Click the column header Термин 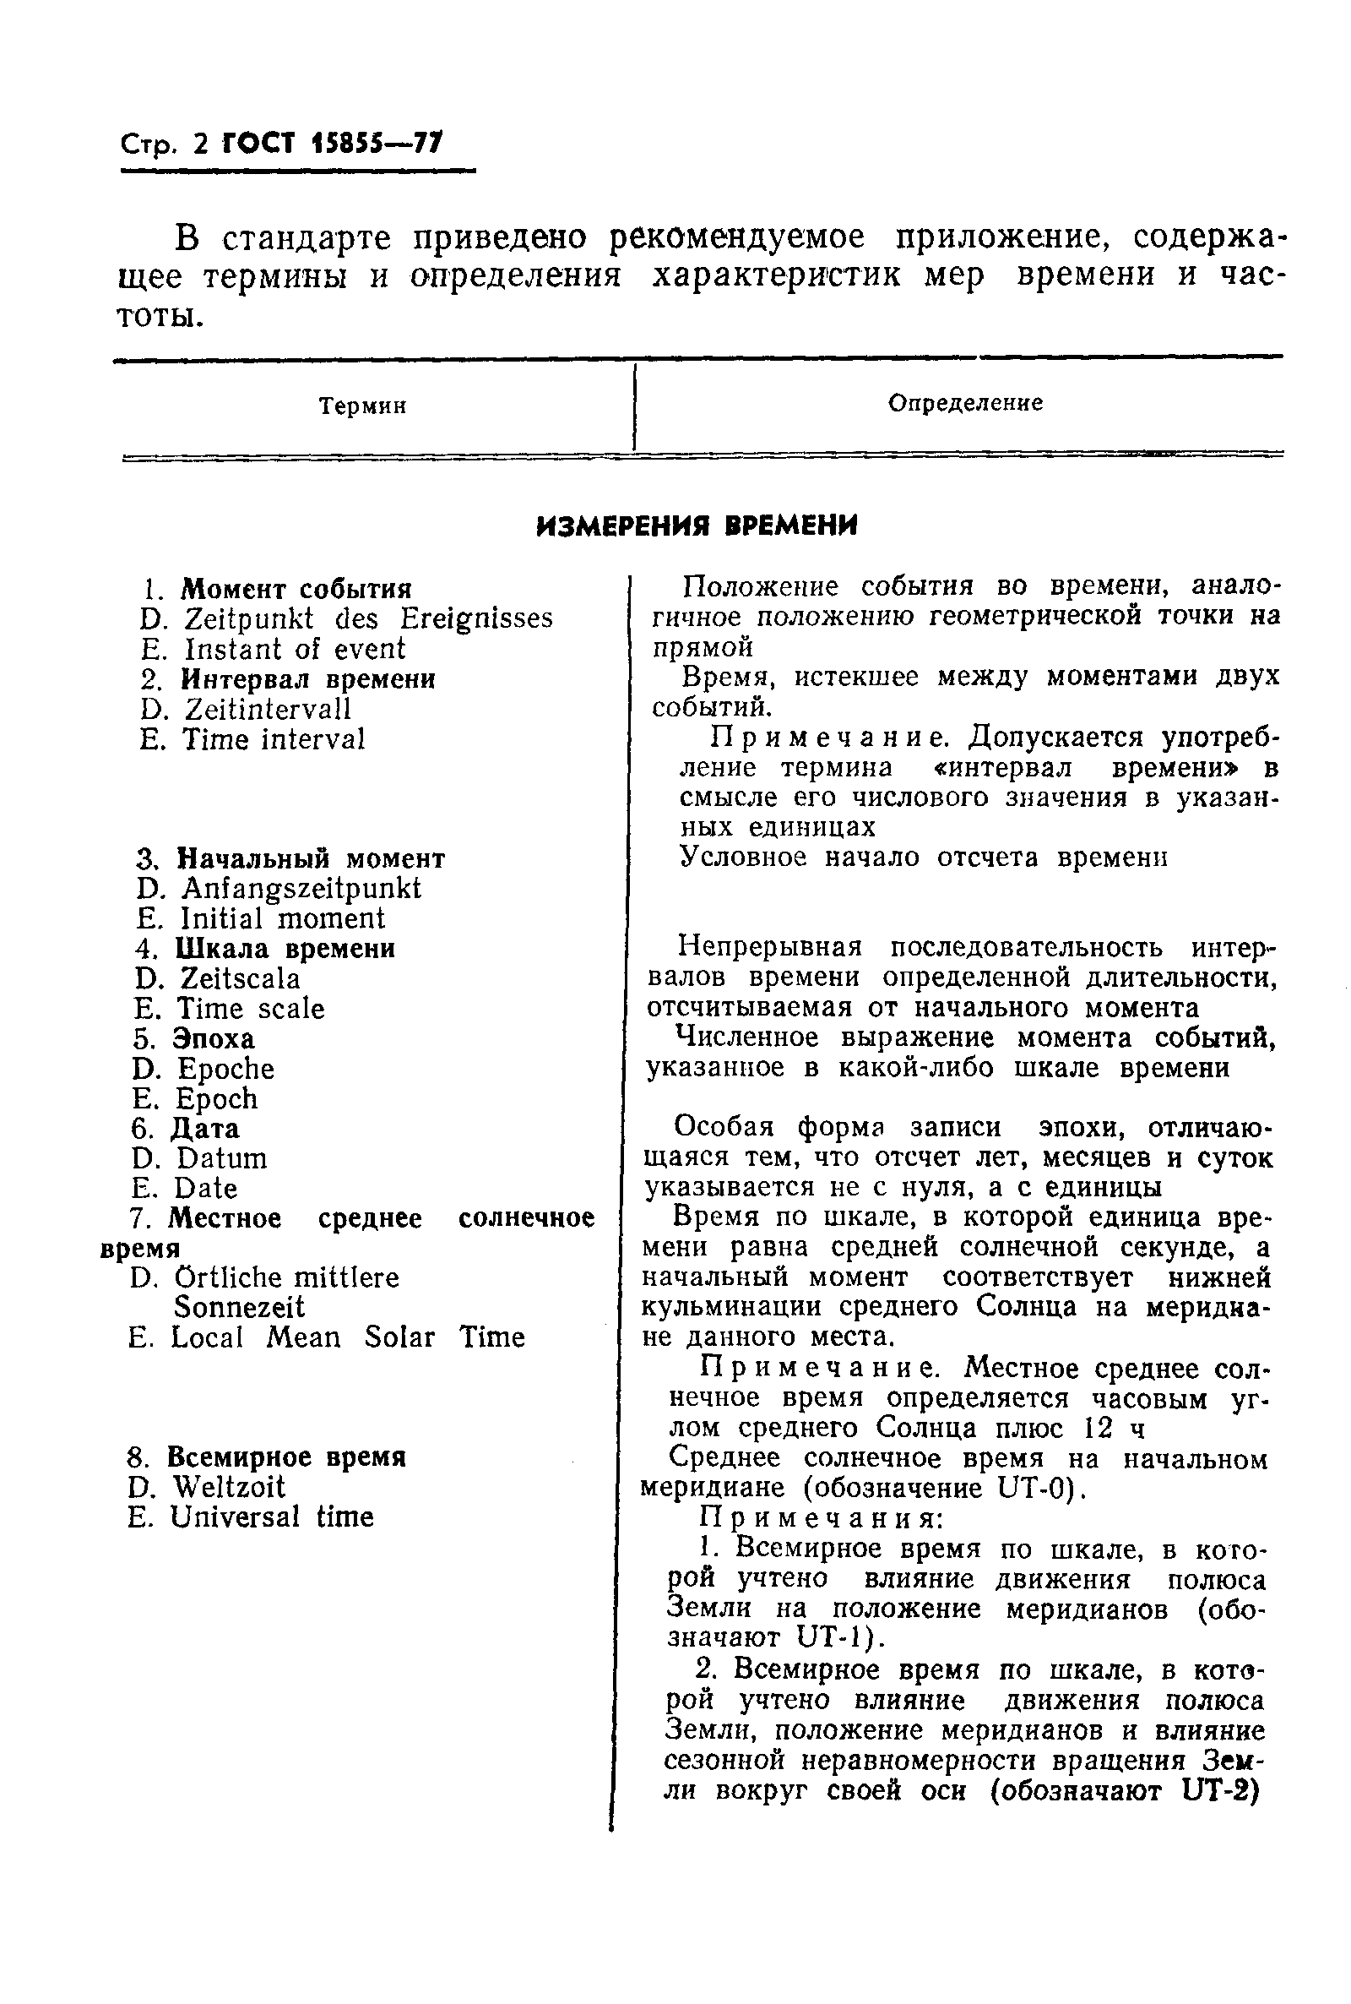[x=362, y=406]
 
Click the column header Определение [x=965, y=402]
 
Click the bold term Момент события [x=296, y=589]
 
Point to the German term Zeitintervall [x=267, y=709]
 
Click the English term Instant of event [x=295, y=648]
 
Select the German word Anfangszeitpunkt [x=301, y=888]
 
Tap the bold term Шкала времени [x=285, y=948]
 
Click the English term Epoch [x=216, y=1098]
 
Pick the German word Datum [x=221, y=1157]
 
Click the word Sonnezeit [x=239, y=1307]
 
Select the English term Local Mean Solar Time [x=347, y=1337]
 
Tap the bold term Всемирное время [x=286, y=1457]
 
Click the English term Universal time [x=271, y=1517]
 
